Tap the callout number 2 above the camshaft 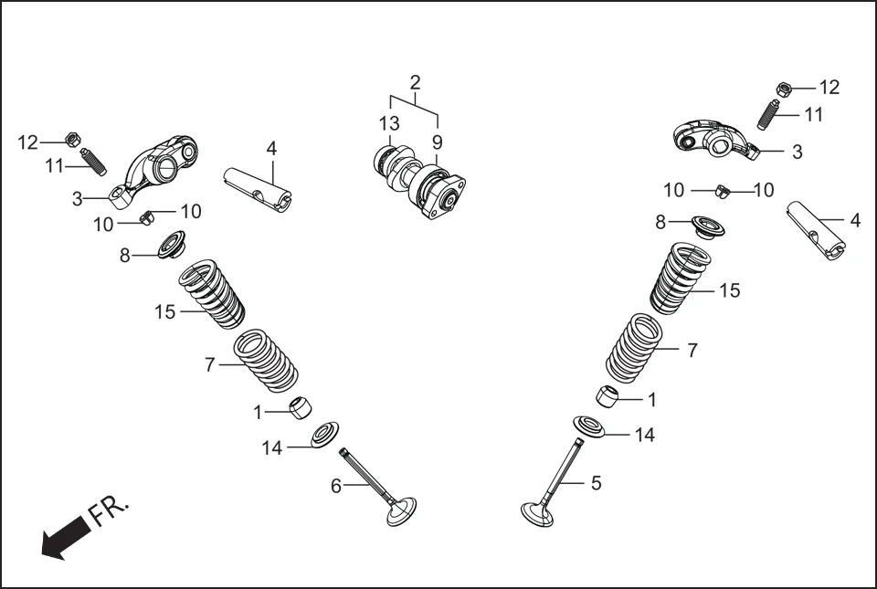[416, 83]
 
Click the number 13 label [389, 123]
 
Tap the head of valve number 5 [537, 514]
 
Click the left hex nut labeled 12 [71, 140]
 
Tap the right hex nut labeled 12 [783, 89]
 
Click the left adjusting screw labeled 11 [93, 162]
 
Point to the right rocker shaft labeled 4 [819, 230]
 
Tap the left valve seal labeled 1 [300, 407]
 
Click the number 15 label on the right [729, 290]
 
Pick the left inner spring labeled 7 [265, 361]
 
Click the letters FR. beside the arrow [110, 512]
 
